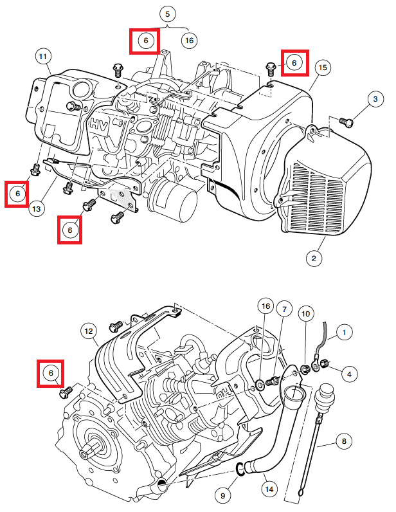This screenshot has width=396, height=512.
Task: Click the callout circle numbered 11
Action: (43, 57)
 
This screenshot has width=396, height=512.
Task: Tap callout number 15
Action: (323, 67)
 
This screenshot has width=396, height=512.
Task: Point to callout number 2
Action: (314, 259)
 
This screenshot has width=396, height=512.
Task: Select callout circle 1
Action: (345, 332)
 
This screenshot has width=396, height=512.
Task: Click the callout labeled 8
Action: (344, 441)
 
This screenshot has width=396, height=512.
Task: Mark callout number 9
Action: (224, 496)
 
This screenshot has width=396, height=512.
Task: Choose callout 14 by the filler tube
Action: (269, 490)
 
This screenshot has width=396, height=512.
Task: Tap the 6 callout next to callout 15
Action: (293, 62)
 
